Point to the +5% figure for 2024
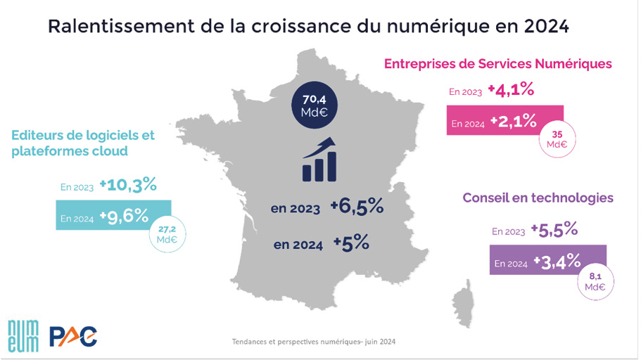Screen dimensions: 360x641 pyautogui.click(x=352, y=244)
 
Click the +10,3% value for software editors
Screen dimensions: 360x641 pyautogui.click(x=127, y=186)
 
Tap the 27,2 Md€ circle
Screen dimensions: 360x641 pyautogui.click(x=167, y=234)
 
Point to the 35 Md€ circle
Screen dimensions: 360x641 pyautogui.click(x=557, y=139)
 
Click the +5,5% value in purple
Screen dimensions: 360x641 pyautogui.click(x=554, y=229)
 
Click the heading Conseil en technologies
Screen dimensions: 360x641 pyautogui.click(x=538, y=198)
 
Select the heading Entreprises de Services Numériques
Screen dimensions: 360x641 pyautogui.click(x=497, y=63)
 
